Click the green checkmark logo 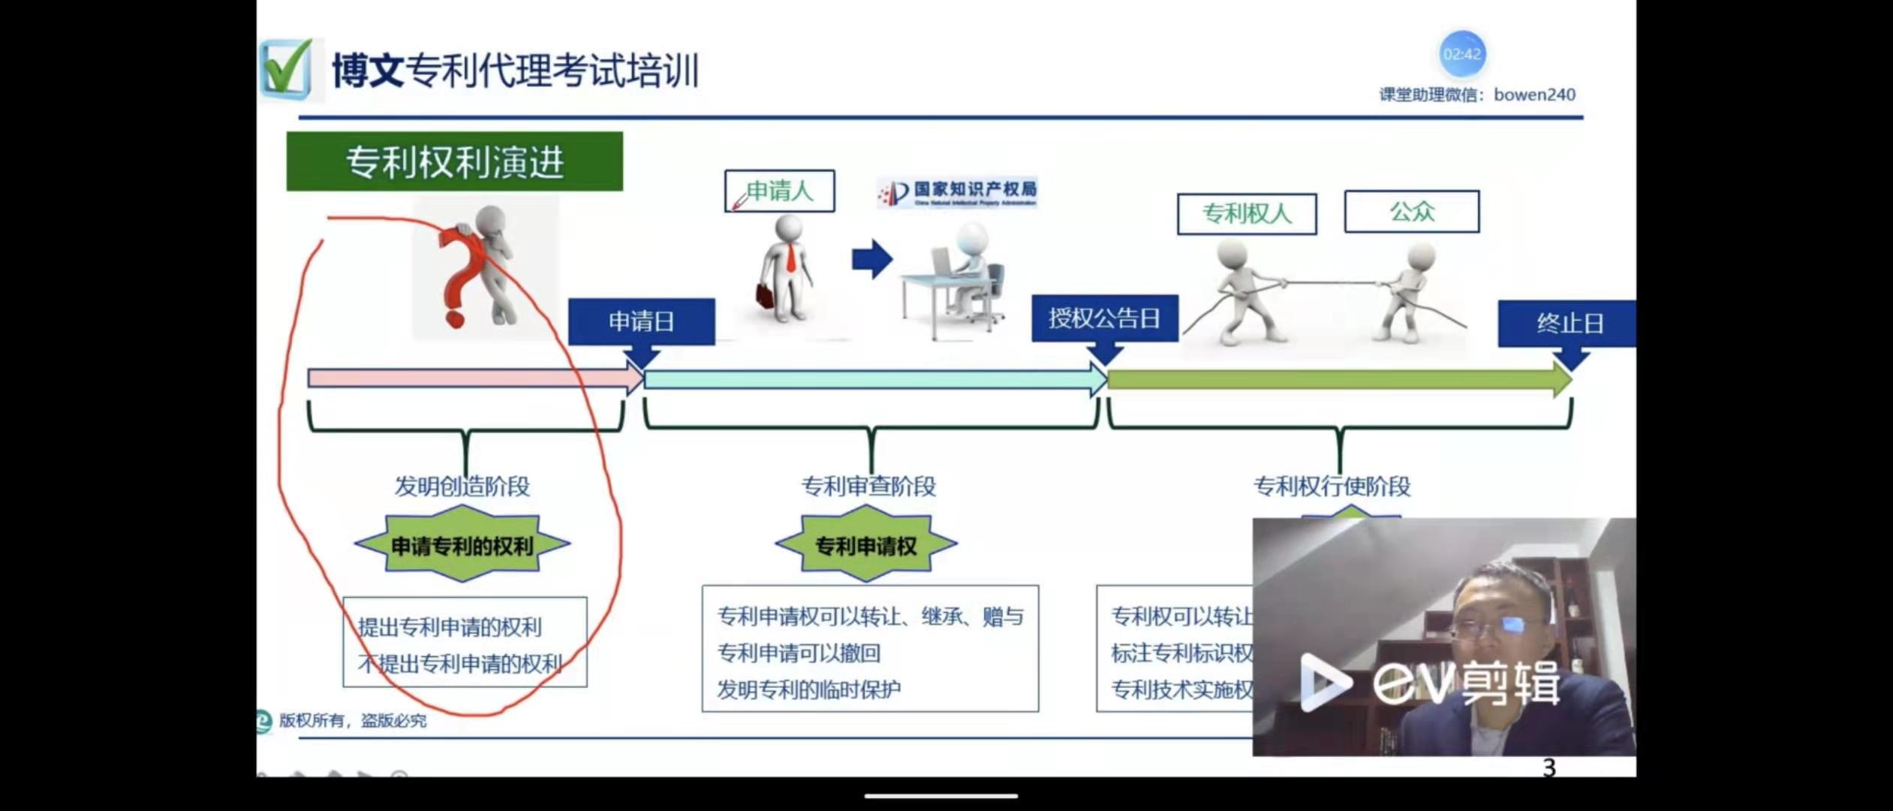pos(286,69)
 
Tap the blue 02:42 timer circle pos(1461,54)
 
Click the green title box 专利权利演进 pos(454,161)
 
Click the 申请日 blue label pos(641,321)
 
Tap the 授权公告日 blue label pos(1104,318)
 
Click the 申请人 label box pos(779,191)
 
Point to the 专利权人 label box pos(1246,214)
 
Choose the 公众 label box pos(1411,212)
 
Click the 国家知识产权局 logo pos(957,192)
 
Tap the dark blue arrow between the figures pos(871,260)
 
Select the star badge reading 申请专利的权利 pos(462,545)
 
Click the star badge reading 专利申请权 pos(865,545)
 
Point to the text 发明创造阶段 pos(462,486)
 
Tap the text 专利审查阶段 pos(868,486)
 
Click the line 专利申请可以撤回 pos(799,653)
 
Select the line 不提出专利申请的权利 pos(459,664)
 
